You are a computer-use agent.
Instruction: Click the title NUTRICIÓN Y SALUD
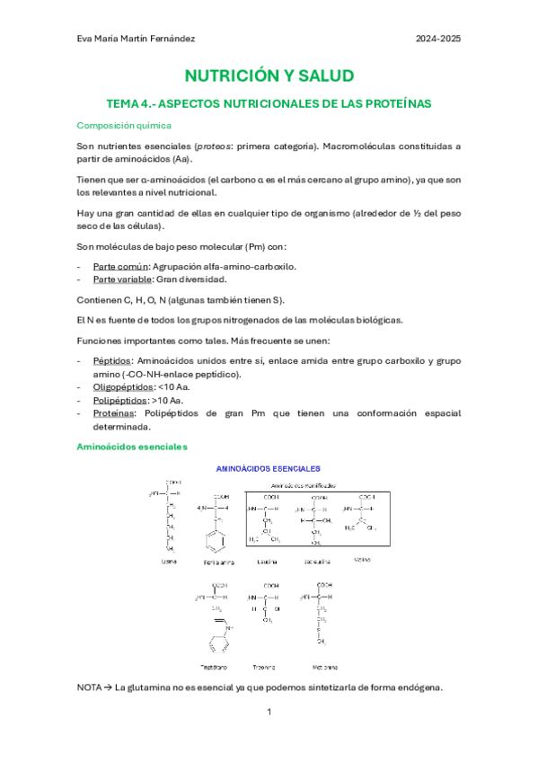tap(269, 75)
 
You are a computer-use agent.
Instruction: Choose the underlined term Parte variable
tap(124, 279)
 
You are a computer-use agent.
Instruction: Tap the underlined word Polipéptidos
tap(120, 400)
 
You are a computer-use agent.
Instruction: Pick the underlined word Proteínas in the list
tap(116, 413)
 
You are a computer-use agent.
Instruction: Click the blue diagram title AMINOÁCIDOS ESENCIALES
tap(269, 468)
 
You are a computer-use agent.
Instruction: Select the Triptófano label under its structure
tap(212, 668)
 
